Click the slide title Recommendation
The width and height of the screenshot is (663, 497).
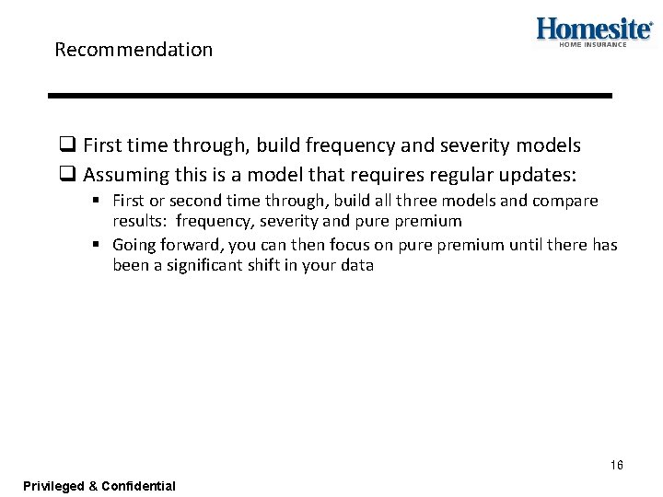pos(134,50)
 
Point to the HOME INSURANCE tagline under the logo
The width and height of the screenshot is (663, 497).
pos(592,44)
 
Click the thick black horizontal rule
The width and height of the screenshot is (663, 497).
pos(330,95)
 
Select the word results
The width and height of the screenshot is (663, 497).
pos(139,221)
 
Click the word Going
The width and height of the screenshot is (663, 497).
pos(135,245)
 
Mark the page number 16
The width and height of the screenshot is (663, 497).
pos(616,465)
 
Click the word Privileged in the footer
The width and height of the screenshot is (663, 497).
pos(53,485)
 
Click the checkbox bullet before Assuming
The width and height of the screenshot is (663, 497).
pos(66,175)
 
